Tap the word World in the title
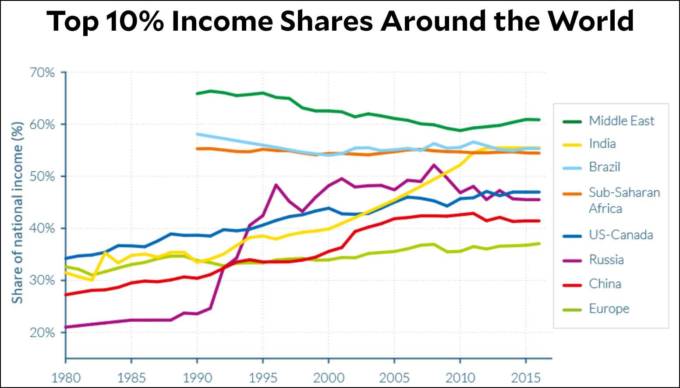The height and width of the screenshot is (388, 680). click(x=591, y=21)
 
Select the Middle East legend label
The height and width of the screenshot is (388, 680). click(x=621, y=121)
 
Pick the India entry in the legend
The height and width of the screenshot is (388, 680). click(x=602, y=144)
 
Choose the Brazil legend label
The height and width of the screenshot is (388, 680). click(x=605, y=167)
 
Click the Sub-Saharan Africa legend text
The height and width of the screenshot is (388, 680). click(x=624, y=200)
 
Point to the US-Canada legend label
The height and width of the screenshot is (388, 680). click(x=621, y=235)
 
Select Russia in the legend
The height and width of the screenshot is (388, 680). click(x=606, y=260)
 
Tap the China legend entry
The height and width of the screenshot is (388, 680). click(x=605, y=284)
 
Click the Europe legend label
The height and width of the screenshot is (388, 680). click(x=609, y=309)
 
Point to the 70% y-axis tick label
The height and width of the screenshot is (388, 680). click(x=42, y=72)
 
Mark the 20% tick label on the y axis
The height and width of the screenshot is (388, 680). click(x=42, y=333)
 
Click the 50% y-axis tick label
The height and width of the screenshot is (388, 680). click(x=42, y=177)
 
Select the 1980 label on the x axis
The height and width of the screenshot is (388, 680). click(x=66, y=377)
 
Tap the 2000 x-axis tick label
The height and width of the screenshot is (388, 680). click(x=329, y=377)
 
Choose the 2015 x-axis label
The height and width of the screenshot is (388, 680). click(x=526, y=377)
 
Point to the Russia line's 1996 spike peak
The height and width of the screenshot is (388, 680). click(x=276, y=185)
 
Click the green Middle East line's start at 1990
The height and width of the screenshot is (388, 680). click(x=197, y=93)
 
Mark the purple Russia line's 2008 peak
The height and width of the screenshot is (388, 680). click(x=434, y=165)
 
